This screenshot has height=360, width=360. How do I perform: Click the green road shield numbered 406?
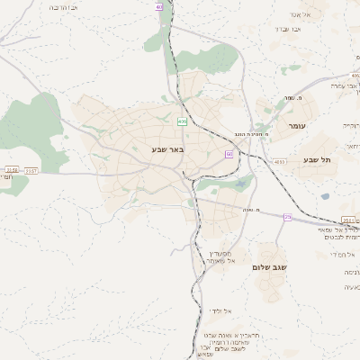click(x=183, y=121)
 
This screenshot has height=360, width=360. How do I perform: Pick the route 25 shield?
click(x=288, y=216)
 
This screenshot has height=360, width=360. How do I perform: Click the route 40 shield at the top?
click(x=159, y=6)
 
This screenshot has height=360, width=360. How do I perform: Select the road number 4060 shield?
click(x=280, y=162)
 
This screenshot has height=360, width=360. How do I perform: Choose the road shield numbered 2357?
click(x=31, y=168)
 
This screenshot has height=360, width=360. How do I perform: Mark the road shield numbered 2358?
click(x=11, y=168)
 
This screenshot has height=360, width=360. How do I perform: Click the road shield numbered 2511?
click(x=348, y=219)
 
